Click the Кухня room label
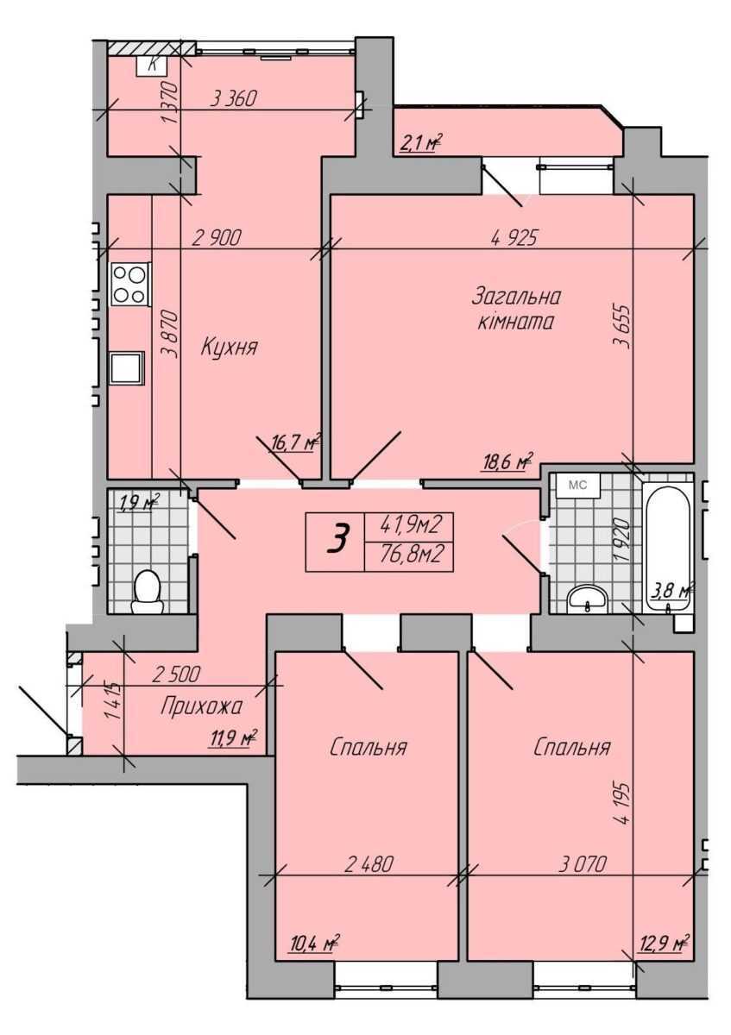[x=230, y=347]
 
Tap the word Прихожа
[x=201, y=707]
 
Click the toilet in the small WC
[x=147, y=592]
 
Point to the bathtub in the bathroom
[x=668, y=549]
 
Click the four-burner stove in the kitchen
[x=130, y=284]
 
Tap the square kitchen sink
[x=127, y=367]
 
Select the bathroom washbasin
[x=587, y=599]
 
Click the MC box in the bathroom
[x=577, y=485]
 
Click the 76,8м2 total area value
[x=409, y=554]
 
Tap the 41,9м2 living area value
[x=409, y=524]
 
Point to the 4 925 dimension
[x=514, y=238]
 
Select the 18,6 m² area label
[x=507, y=461]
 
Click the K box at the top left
[x=152, y=66]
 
